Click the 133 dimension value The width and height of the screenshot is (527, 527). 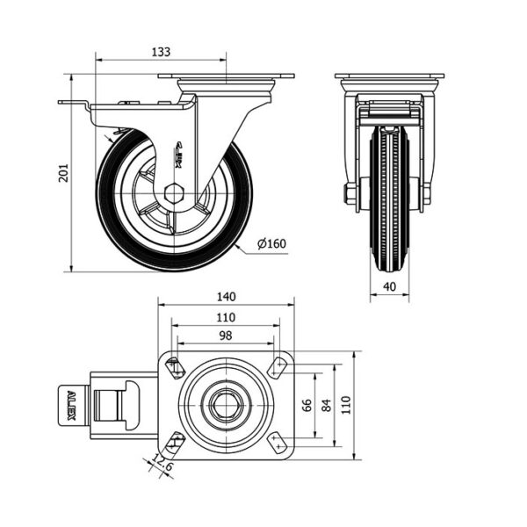click(x=161, y=52)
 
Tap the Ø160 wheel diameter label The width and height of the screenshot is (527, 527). click(x=273, y=243)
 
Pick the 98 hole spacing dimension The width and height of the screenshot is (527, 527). click(x=225, y=336)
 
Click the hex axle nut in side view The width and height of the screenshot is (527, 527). click(x=174, y=192)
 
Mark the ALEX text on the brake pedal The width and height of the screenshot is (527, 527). click(x=71, y=405)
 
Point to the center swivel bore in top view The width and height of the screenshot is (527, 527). click(x=226, y=403)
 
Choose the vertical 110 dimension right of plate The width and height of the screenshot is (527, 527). click(x=346, y=403)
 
